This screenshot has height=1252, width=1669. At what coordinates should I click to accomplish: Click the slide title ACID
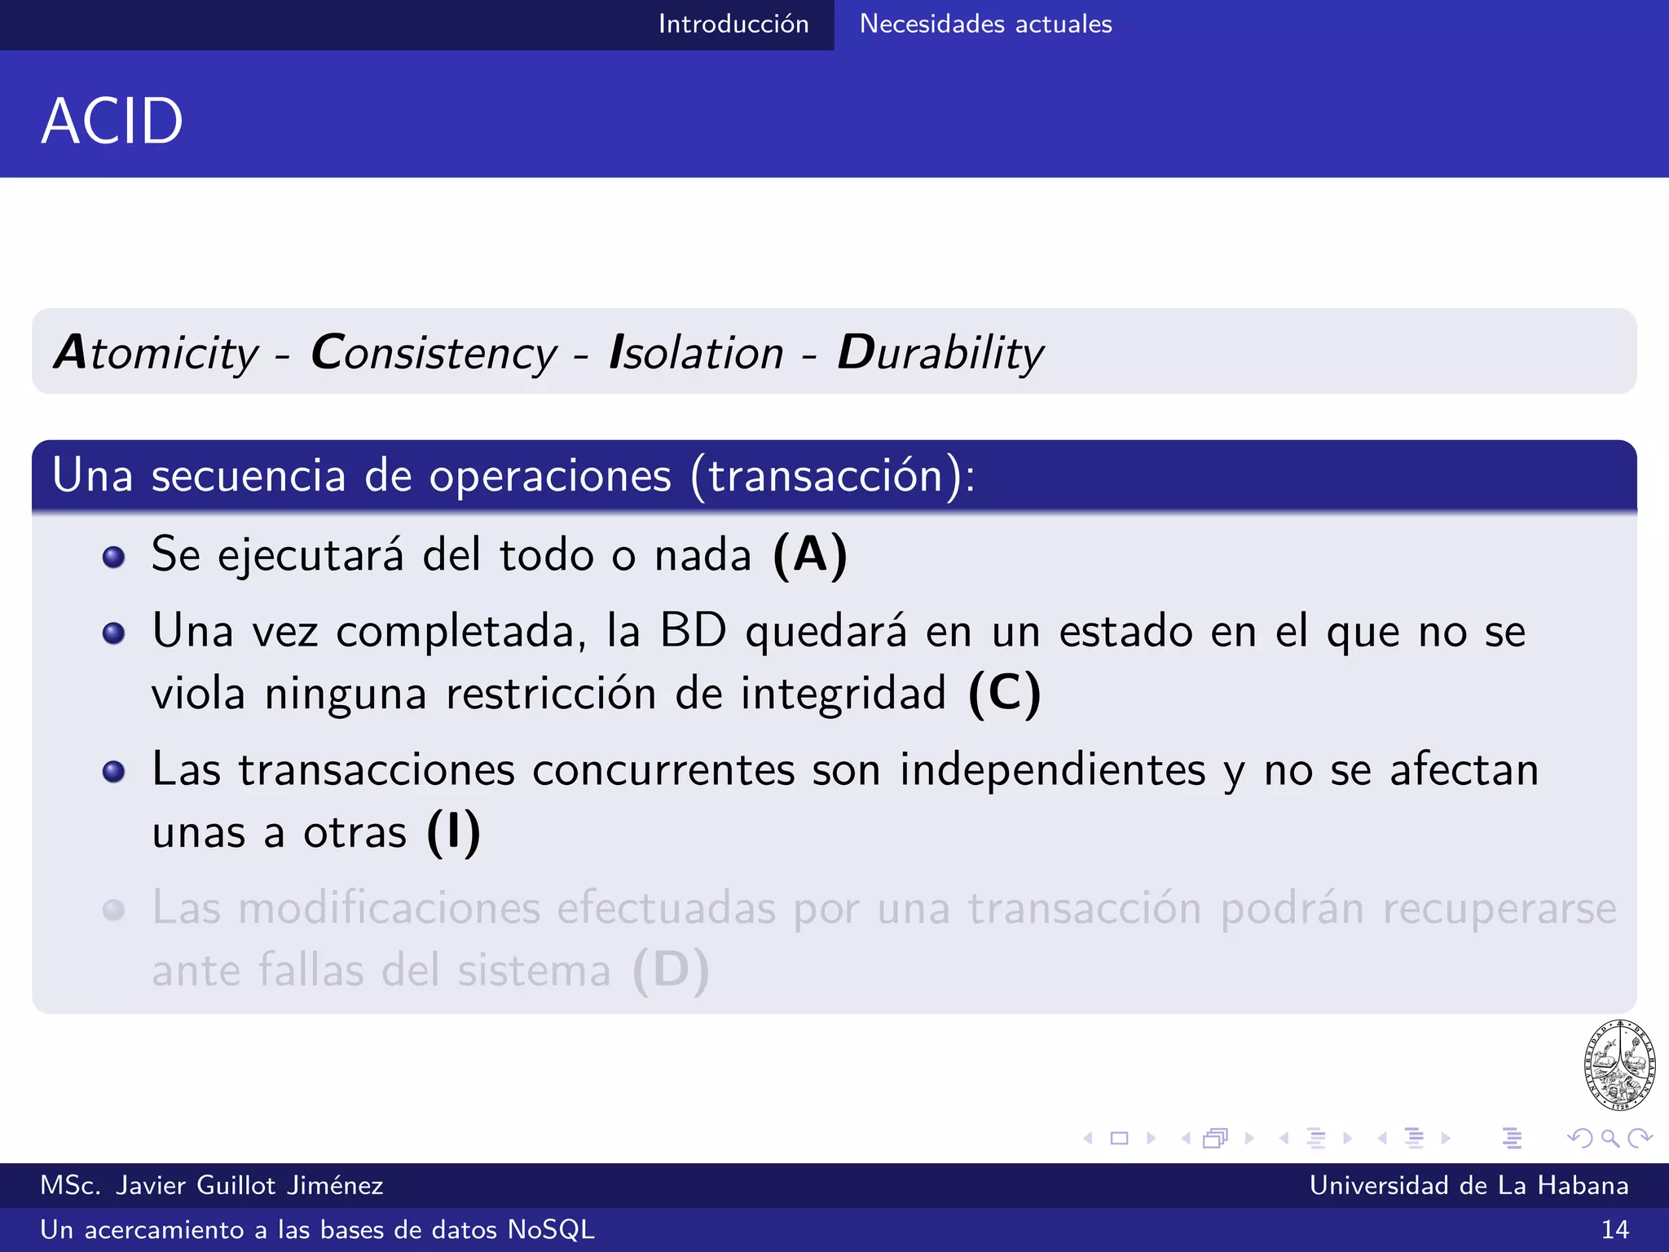[x=112, y=121]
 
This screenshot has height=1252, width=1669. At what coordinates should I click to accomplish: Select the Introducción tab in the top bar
[x=733, y=24]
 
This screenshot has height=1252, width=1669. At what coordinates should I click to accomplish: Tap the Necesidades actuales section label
[x=985, y=24]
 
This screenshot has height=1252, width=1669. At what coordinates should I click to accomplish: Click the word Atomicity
[x=156, y=353]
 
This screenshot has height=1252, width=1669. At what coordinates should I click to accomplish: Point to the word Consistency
[x=434, y=353]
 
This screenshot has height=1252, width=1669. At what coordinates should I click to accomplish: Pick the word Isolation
[x=696, y=353]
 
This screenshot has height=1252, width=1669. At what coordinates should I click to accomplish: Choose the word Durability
[x=940, y=353]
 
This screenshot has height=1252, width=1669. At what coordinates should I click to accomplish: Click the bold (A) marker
[x=810, y=556]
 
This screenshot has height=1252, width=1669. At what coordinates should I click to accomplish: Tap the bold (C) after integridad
[x=1004, y=694]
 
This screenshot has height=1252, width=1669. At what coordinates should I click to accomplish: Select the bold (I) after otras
[x=454, y=832]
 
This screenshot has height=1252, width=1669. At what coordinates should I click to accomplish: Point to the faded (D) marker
[x=671, y=970]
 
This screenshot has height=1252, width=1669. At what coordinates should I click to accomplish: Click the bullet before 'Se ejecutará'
[x=114, y=558]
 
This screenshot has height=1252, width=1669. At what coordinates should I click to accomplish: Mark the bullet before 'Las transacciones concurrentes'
[x=114, y=772]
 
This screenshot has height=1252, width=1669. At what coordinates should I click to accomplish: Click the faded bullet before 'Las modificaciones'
[x=114, y=910]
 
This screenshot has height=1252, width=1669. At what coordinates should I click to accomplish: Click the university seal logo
[x=1619, y=1065]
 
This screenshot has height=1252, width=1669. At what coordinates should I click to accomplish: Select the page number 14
[x=1614, y=1229]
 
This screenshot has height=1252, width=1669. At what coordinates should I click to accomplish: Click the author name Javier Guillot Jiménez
[x=249, y=1185]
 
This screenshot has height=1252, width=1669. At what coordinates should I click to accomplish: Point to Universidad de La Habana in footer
[x=1469, y=1185]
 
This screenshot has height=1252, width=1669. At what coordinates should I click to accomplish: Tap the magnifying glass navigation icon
[x=1610, y=1138]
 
